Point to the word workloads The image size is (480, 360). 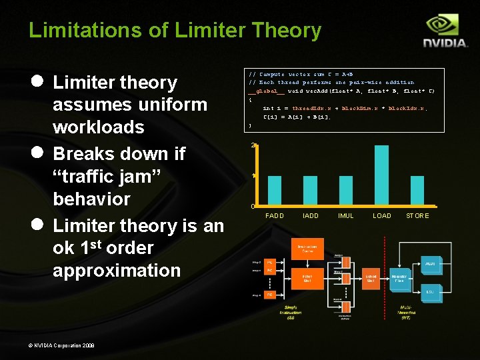(x=98, y=127)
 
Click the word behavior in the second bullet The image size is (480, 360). (x=91, y=199)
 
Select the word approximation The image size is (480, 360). (x=117, y=270)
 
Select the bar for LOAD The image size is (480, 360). (x=382, y=175)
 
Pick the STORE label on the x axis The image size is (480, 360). (x=417, y=216)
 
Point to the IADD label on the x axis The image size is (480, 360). (x=311, y=216)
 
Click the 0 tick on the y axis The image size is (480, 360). (x=253, y=206)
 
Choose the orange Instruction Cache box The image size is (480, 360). (x=308, y=249)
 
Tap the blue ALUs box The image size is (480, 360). (x=430, y=264)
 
